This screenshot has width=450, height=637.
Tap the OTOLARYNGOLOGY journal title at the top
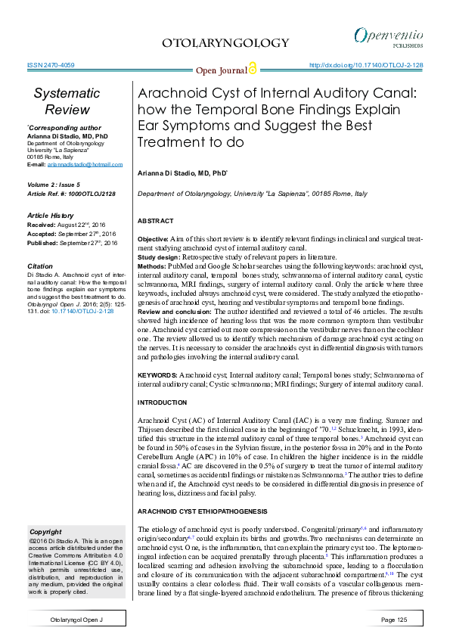(225, 43)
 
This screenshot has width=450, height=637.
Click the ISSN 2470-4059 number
(51, 66)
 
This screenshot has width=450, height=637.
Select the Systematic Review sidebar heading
(67, 101)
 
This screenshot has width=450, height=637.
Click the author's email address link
(85, 164)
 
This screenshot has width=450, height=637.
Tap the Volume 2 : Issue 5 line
(58, 184)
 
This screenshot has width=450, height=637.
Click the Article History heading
(55, 216)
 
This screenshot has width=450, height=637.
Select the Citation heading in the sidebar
(40, 266)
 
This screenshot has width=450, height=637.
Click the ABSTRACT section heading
(155, 221)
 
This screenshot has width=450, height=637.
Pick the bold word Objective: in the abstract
(153, 238)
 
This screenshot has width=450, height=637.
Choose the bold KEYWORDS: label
(157, 375)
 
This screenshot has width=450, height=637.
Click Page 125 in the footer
(394, 620)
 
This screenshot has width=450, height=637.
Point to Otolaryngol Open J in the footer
(76, 620)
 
